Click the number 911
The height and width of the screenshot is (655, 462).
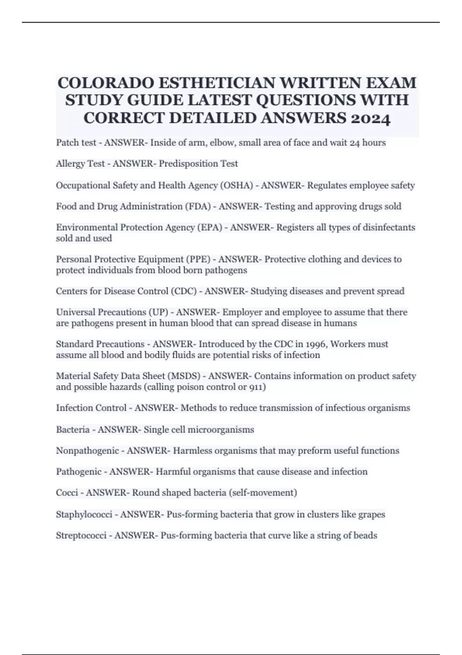pos(255,387)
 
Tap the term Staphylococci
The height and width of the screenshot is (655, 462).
pos(84,514)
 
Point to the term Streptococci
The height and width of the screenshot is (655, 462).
pos(81,536)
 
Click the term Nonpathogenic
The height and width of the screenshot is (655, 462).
pos(87,451)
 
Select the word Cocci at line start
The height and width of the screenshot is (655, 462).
pos(67,493)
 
